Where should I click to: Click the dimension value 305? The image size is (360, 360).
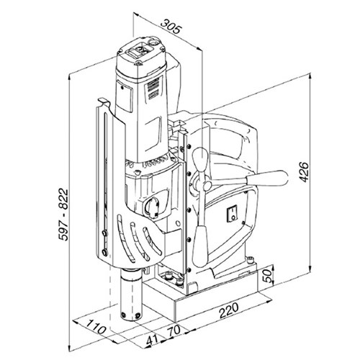point(171,27)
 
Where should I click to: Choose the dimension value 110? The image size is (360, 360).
point(89,328)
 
